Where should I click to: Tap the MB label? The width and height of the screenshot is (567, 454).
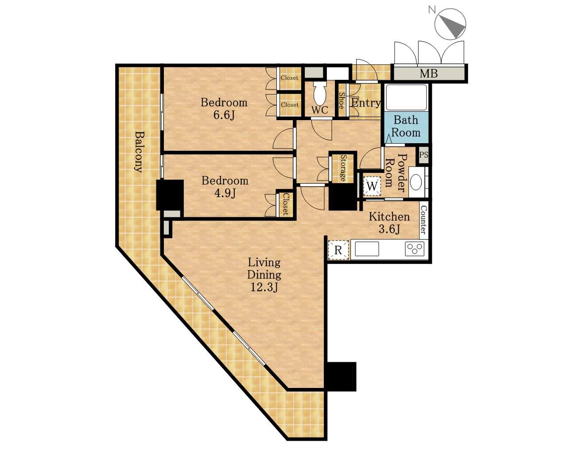click(x=429, y=73)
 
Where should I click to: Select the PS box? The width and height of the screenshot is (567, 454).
click(x=423, y=155)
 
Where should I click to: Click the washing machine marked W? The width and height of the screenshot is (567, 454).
click(x=372, y=186)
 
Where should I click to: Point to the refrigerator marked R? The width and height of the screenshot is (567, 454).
click(x=338, y=250)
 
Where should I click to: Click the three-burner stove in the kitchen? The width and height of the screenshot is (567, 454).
click(x=415, y=249)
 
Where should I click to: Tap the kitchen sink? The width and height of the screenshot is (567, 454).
click(x=367, y=249)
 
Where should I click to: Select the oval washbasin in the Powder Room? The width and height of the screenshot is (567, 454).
click(x=416, y=182)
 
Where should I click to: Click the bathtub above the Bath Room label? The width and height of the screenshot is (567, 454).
click(x=406, y=98)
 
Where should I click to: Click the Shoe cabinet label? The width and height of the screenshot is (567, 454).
click(x=342, y=101)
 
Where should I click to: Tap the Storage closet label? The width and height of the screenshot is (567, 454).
click(x=343, y=168)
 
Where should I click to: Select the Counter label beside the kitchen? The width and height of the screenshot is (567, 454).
click(x=423, y=220)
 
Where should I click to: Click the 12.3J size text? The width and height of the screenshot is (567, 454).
click(x=264, y=287)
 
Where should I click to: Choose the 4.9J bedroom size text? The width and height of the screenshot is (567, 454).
click(x=225, y=193)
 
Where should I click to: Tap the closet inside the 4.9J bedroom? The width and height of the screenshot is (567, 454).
click(x=286, y=204)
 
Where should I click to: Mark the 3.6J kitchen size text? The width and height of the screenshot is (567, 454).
click(x=389, y=229)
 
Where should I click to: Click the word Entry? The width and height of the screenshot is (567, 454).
click(x=366, y=103)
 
